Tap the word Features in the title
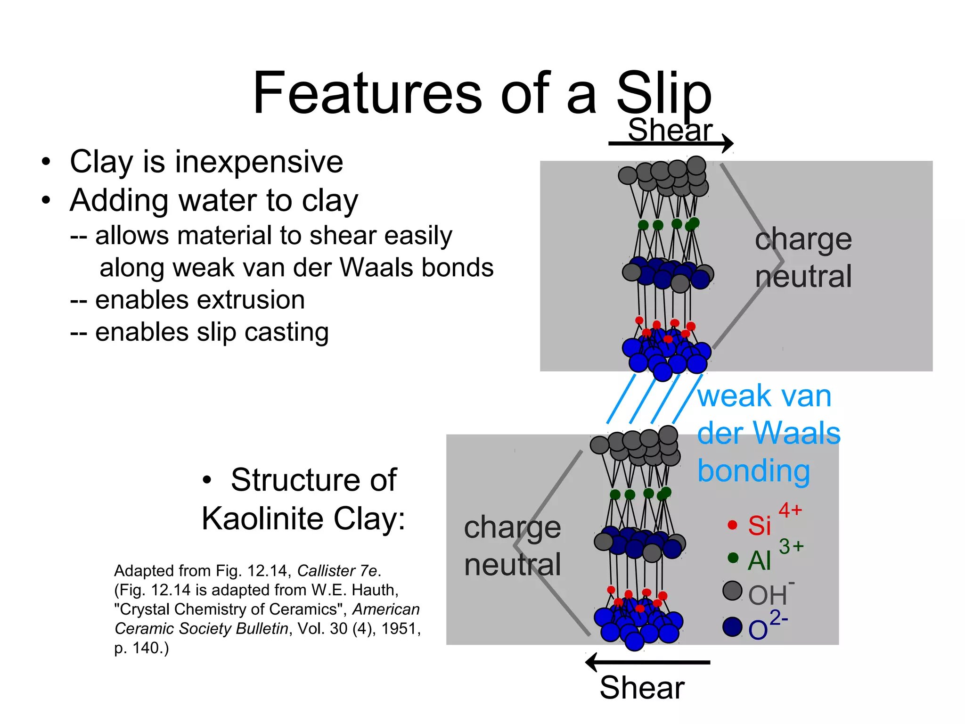pyautogui.click(x=368, y=93)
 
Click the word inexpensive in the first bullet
pyautogui.click(x=259, y=162)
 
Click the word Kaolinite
pyautogui.click(x=262, y=519)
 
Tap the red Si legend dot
pyautogui.click(x=732, y=525)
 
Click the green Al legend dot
pyautogui.click(x=733, y=558)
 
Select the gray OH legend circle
pyautogui.click(x=732, y=591)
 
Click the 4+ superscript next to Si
pyautogui.click(x=790, y=510)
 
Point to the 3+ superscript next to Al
pyautogui.click(x=791, y=546)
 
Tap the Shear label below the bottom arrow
pyautogui.click(x=642, y=688)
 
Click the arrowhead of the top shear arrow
pyautogui.click(x=728, y=143)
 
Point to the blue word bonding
pyautogui.click(x=753, y=471)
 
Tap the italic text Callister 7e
pyautogui.click(x=337, y=571)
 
